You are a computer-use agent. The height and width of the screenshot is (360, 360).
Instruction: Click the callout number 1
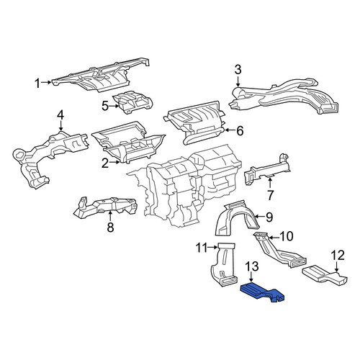[x=37, y=84]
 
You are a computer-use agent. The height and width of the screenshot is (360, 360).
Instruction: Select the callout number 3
[x=238, y=70]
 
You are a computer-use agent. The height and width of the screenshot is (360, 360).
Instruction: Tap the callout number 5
[x=105, y=106]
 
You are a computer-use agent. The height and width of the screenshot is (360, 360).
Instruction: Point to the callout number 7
[x=270, y=195]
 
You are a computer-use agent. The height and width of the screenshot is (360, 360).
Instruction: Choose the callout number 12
[x=338, y=256]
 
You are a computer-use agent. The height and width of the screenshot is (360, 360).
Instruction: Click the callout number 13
[x=252, y=266]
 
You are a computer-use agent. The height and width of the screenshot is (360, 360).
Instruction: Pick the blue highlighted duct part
[x=263, y=292]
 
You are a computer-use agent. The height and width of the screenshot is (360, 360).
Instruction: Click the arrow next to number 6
[x=229, y=130]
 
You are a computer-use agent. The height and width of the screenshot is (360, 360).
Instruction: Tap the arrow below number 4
[x=61, y=126]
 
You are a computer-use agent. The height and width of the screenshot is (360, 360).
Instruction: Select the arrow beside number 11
[x=213, y=248]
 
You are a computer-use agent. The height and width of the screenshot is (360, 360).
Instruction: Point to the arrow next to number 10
[x=274, y=238]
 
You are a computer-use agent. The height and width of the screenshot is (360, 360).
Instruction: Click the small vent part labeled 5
[x=132, y=102]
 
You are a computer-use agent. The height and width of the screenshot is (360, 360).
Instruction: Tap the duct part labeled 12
[x=325, y=276]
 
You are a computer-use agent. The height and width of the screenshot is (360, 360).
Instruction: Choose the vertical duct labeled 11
[x=223, y=264]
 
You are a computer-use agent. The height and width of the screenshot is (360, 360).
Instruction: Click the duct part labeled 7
[x=266, y=169]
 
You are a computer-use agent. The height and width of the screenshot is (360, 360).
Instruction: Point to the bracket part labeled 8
[x=106, y=207]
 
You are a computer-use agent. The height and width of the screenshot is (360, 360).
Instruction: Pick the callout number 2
[x=105, y=163]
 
